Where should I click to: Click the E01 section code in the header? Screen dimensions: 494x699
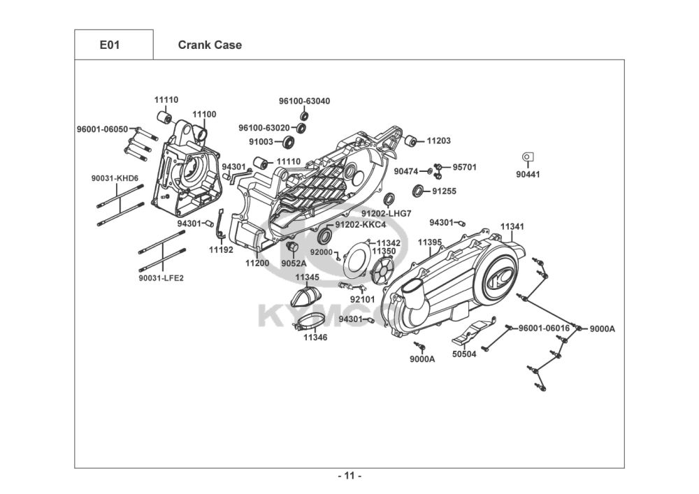pos(110,45)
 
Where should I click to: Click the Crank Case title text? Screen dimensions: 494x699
pos(210,45)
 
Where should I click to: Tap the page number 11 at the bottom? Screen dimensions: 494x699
pos(349,477)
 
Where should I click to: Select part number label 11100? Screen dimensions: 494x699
pos(205,114)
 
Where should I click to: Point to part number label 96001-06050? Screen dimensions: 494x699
pos(102,129)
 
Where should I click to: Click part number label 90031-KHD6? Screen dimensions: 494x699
pos(115,178)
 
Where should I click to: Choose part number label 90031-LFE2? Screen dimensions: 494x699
pos(161,277)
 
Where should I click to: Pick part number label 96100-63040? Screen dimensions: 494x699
pos(304,101)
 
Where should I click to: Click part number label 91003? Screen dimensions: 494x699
pos(261,142)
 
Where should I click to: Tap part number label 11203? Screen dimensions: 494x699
pos(439,141)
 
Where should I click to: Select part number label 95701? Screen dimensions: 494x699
pos(464,168)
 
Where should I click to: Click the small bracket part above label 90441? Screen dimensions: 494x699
pos(528,157)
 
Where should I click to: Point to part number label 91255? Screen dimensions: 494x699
pos(444,190)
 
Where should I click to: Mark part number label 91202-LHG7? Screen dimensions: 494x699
pos(386,213)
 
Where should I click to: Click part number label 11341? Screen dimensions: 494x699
pos(512,227)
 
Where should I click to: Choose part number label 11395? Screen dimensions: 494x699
pos(430,242)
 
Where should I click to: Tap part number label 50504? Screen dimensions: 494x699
pos(464,354)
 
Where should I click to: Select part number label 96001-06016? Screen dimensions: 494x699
pos(544,328)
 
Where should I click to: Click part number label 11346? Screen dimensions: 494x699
pos(315,337)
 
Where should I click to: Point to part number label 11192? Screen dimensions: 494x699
pos(221,249)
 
